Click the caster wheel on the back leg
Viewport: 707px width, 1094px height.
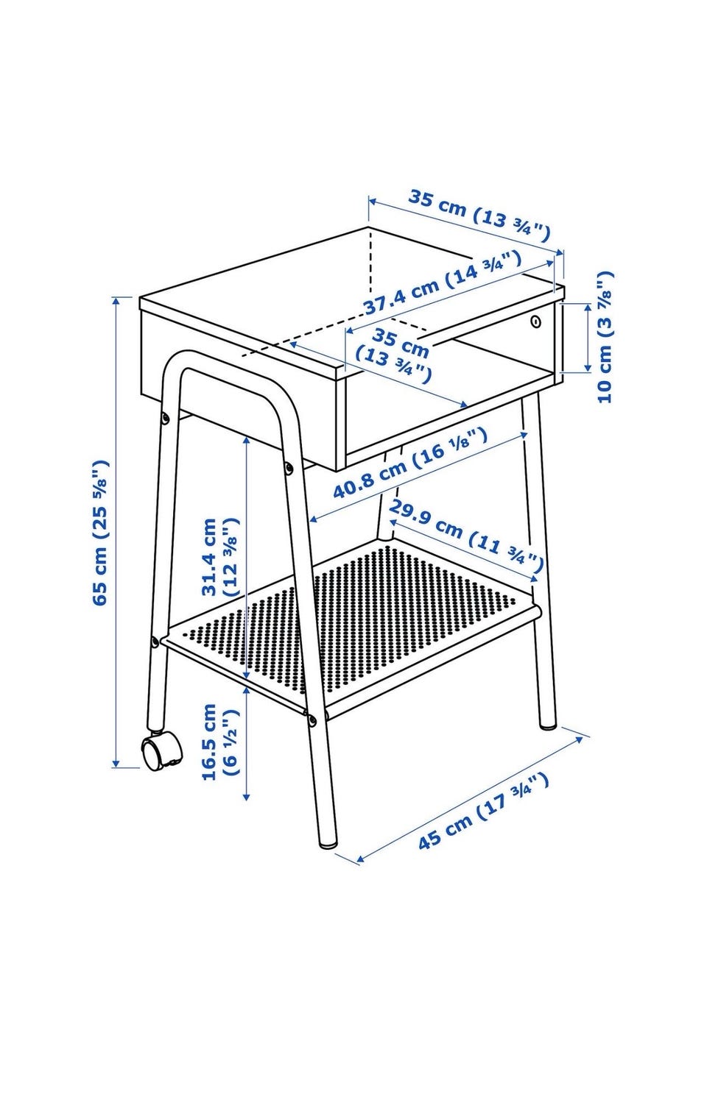pos(162,754)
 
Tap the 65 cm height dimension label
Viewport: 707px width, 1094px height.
pos(100,532)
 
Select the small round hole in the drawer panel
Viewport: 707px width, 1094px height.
pos(537,321)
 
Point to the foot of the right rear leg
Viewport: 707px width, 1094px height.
pos(548,725)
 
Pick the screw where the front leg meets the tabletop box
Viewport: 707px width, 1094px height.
pos(289,468)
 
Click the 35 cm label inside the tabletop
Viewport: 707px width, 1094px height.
pos(394,355)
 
